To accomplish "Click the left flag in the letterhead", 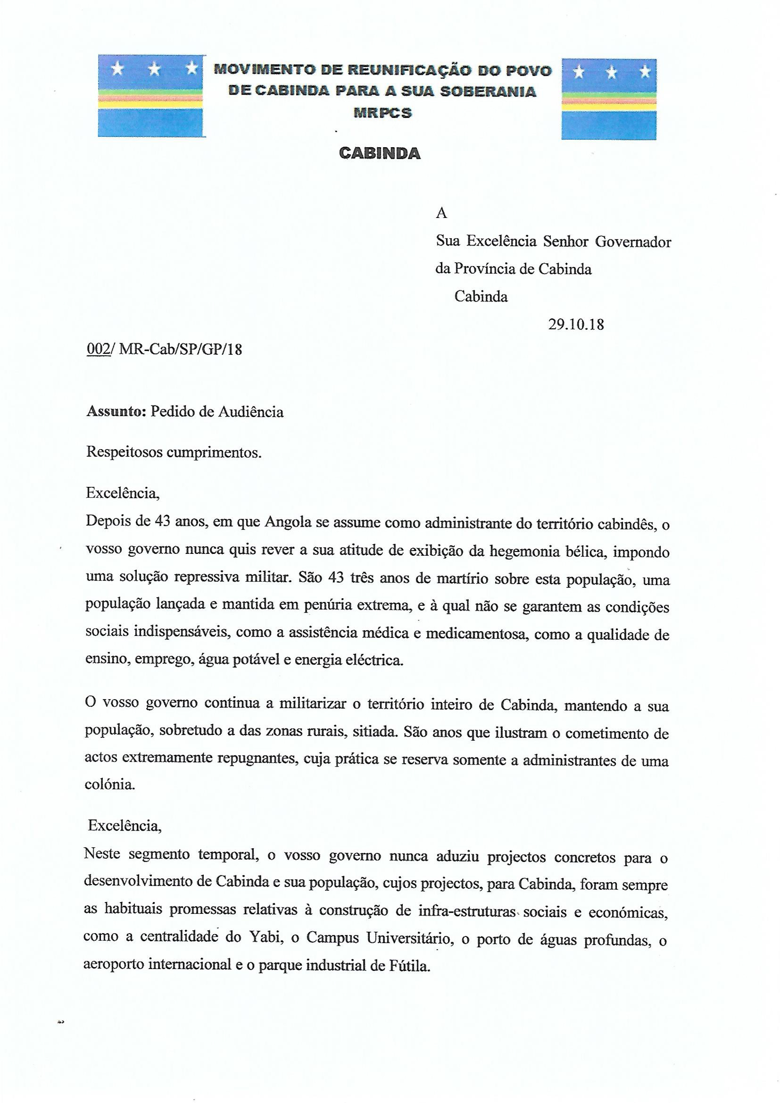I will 150,96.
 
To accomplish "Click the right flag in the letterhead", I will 609,99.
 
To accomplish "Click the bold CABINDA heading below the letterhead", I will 379,153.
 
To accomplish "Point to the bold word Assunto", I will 115,412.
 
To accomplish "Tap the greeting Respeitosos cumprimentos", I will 174,453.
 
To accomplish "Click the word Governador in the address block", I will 633,241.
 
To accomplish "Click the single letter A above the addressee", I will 441,213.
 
